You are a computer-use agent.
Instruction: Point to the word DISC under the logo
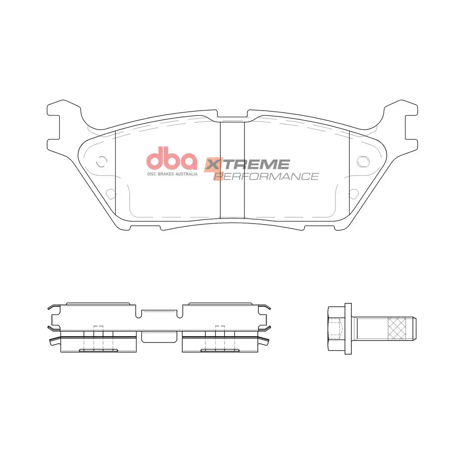tap(151, 174)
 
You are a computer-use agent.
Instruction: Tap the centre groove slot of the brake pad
tap(232, 170)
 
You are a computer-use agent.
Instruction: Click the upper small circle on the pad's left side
tap(101, 160)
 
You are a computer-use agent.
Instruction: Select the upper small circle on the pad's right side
tap(363, 160)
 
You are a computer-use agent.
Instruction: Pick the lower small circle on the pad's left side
tap(111, 193)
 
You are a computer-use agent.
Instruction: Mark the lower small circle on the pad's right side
tap(354, 193)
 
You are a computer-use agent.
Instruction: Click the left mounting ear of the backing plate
tap(58, 125)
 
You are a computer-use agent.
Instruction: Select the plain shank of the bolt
tap(371, 328)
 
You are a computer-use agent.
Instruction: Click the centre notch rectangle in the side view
tap(159, 337)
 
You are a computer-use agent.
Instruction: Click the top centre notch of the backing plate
tap(232, 115)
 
